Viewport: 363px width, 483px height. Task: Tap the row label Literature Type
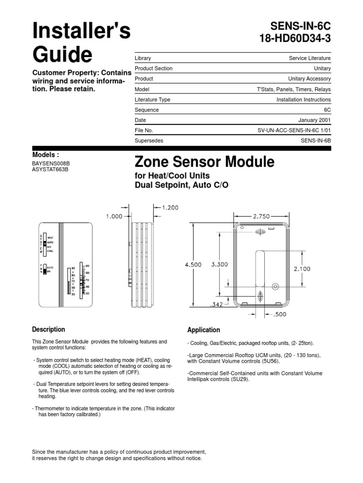(x=153, y=100)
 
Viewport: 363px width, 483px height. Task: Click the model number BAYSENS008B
(x=53, y=164)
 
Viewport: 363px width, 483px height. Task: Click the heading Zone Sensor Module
(x=204, y=162)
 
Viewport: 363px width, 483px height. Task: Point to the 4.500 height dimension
(x=193, y=265)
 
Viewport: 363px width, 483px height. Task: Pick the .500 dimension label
(x=280, y=313)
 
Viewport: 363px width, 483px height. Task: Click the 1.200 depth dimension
(x=170, y=207)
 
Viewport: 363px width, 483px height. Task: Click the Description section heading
(x=48, y=330)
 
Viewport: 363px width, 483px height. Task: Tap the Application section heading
(x=204, y=330)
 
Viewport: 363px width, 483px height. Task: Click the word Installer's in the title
(x=81, y=32)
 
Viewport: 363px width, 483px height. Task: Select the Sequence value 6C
(x=327, y=110)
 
